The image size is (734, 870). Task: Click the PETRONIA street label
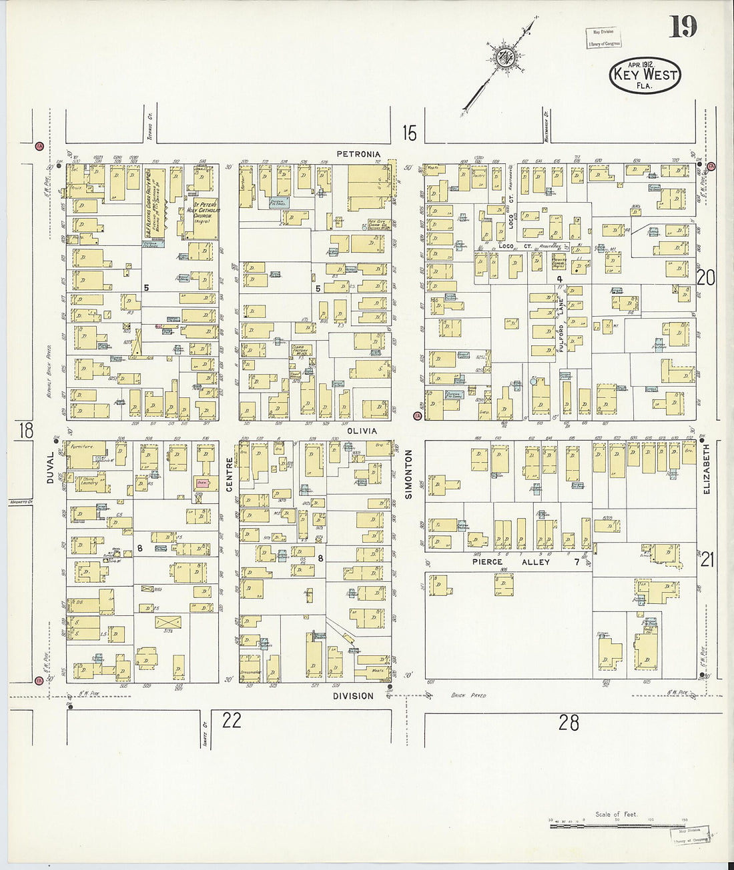(x=358, y=154)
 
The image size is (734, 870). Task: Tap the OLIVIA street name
(x=362, y=431)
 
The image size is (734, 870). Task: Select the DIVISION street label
(x=353, y=696)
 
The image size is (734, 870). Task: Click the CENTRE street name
(x=230, y=474)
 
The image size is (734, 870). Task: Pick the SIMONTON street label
(x=408, y=474)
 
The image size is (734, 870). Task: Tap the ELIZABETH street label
(x=707, y=469)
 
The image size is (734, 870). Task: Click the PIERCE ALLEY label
(x=511, y=562)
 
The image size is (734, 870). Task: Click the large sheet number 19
(x=683, y=27)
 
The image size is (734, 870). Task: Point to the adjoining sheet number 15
(x=409, y=133)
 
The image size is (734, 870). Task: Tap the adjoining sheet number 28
(x=569, y=722)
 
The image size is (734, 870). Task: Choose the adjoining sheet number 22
(x=232, y=720)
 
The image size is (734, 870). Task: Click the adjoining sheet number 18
(x=25, y=430)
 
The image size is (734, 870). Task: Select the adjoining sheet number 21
(x=707, y=560)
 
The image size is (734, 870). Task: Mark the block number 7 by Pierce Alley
(x=577, y=562)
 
